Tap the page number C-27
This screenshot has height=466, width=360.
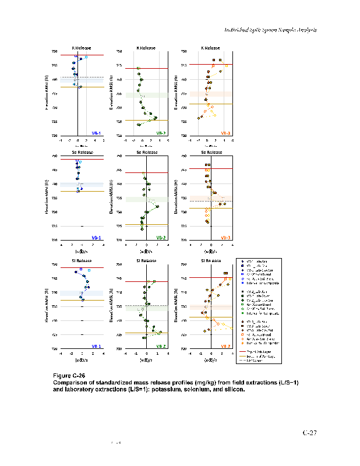coord(309,433)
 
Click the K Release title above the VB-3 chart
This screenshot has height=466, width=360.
coord(210,48)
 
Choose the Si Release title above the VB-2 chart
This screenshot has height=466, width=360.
coord(146,260)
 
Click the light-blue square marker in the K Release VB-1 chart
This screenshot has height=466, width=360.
coord(86,57)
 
